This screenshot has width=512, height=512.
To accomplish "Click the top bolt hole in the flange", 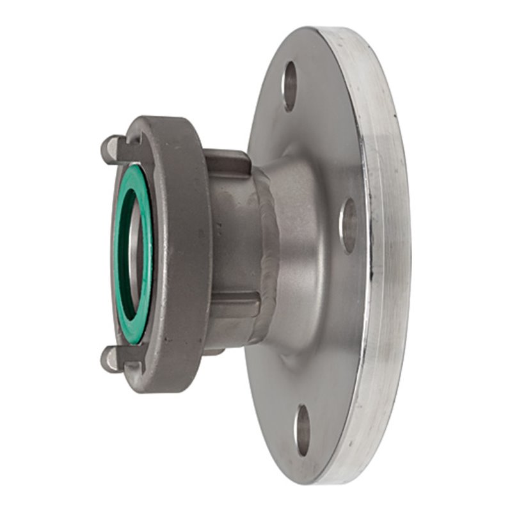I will (290, 86).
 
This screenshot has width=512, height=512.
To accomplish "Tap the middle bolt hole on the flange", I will (348, 225).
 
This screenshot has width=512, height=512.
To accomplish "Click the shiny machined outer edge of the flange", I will (384, 256).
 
